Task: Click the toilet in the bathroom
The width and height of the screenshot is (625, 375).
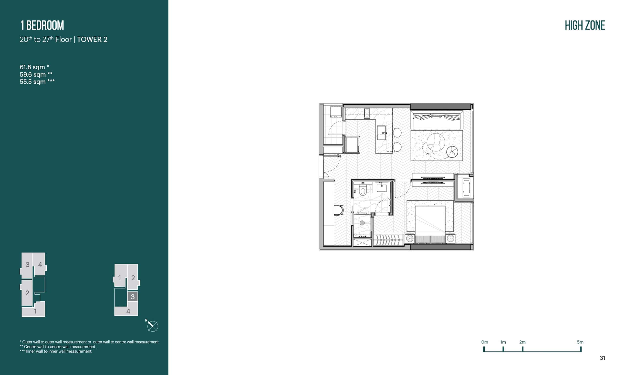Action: [363, 191]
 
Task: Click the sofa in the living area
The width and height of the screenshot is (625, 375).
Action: [437, 119]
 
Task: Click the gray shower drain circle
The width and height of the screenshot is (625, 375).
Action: [362, 223]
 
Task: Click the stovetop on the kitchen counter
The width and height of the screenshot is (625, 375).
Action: [367, 113]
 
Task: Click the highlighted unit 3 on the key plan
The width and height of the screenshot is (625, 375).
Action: [133, 296]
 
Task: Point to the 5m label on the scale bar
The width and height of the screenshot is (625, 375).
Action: [580, 342]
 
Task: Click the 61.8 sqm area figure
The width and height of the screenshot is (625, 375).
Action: [32, 67]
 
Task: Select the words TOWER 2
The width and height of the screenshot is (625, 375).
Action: [93, 39]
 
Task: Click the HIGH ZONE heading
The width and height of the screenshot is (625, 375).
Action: [585, 25]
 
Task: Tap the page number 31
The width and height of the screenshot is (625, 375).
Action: [603, 358]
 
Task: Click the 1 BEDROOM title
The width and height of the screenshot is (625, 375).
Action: [42, 25]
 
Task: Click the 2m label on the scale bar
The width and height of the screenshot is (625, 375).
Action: [522, 342]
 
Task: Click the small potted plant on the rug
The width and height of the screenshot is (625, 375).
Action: [452, 152]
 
